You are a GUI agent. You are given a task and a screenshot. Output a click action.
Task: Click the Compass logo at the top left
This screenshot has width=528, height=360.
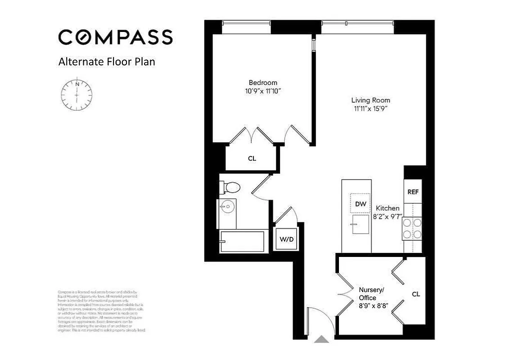point(115,37)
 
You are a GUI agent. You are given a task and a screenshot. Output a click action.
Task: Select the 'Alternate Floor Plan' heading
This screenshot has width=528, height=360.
point(107,62)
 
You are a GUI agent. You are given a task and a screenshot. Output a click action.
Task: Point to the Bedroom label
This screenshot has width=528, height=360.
point(263,83)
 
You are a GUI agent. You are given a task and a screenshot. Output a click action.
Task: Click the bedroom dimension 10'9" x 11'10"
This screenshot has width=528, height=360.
point(263,91)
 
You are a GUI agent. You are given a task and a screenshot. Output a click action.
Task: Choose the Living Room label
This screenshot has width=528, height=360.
point(370,100)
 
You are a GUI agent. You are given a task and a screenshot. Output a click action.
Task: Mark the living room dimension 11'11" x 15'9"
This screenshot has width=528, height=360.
point(370,108)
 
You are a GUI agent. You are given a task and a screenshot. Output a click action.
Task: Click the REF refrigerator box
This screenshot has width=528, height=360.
point(413,192)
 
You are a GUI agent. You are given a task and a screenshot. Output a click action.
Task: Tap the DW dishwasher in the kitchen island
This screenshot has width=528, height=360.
point(361,204)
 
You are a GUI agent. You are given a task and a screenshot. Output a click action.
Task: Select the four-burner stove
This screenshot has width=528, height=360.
point(412,228)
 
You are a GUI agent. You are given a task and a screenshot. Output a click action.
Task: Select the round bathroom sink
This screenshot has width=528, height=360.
point(227,207)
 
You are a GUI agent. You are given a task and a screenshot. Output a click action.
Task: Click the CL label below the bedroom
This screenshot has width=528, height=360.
point(252,158)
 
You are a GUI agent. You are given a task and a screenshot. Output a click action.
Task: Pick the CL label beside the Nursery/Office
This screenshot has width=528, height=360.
point(416,294)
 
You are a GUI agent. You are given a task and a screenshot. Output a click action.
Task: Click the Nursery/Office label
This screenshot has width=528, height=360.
point(371,294)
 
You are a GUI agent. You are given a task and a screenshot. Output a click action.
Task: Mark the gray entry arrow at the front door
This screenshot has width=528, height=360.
point(321,339)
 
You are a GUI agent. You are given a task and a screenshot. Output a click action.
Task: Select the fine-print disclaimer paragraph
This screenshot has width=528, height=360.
point(102,311)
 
